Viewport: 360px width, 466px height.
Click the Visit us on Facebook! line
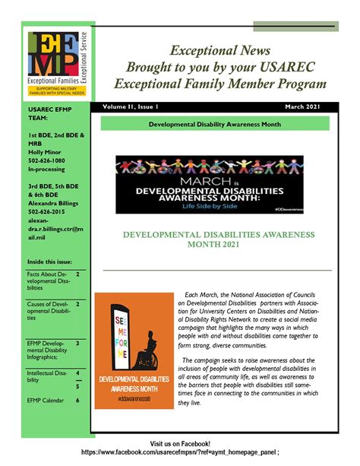[x=180, y=443]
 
